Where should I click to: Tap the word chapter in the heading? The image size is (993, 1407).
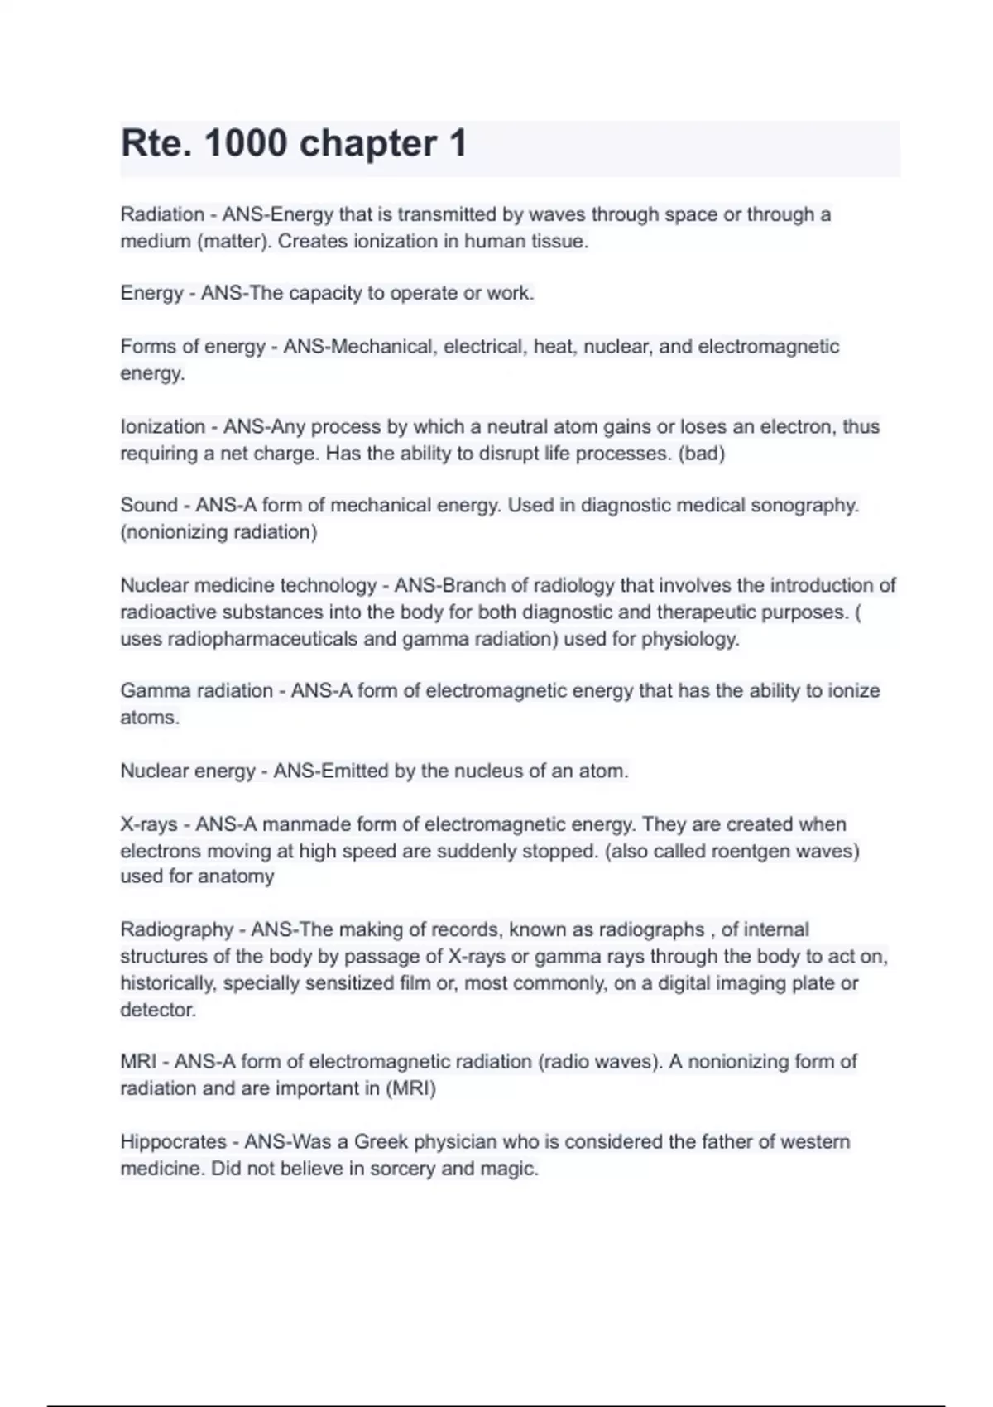coord(367,144)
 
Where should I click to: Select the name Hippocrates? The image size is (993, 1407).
coord(172,1142)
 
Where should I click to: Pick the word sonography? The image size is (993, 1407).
coord(804,506)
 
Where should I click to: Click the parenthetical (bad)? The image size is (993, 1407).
coord(702,454)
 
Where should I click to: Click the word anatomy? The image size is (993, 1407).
coord(237,876)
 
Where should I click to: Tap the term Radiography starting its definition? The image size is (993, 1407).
coord(176,930)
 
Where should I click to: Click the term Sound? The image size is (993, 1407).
coord(149,506)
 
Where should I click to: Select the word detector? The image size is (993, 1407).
coord(157,1010)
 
